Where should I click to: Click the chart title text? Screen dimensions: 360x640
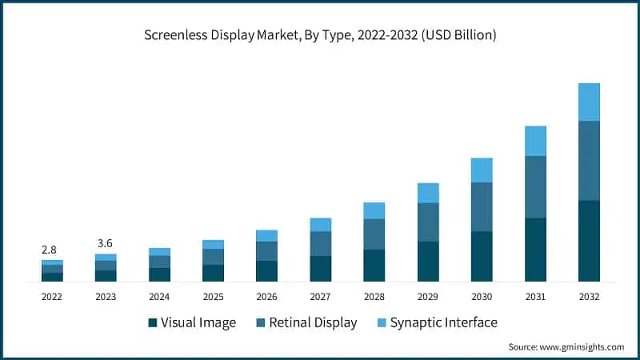[320, 35]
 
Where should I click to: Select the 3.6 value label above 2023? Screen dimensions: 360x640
[106, 243]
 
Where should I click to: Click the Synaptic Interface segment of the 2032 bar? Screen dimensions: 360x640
[589, 102]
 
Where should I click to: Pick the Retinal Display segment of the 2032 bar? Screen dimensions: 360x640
[589, 160]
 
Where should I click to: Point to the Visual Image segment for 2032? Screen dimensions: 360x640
[589, 240]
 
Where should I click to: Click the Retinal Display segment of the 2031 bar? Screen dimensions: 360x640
[535, 186]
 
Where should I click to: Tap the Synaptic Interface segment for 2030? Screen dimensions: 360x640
[482, 170]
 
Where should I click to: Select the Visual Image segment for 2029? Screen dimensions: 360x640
[428, 261]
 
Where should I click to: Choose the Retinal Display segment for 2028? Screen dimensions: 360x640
[374, 234]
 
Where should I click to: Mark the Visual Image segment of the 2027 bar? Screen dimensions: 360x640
[321, 268]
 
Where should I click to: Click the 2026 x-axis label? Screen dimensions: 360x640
[266, 296]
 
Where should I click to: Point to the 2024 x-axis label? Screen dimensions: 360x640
[159, 296]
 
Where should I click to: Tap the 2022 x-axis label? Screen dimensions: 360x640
[52, 296]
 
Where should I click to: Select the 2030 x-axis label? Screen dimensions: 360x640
[482, 296]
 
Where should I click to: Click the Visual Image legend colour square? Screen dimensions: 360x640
[152, 323]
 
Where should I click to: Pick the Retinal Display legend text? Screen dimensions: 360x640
[313, 323]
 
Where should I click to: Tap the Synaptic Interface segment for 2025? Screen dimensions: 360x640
[213, 244]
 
